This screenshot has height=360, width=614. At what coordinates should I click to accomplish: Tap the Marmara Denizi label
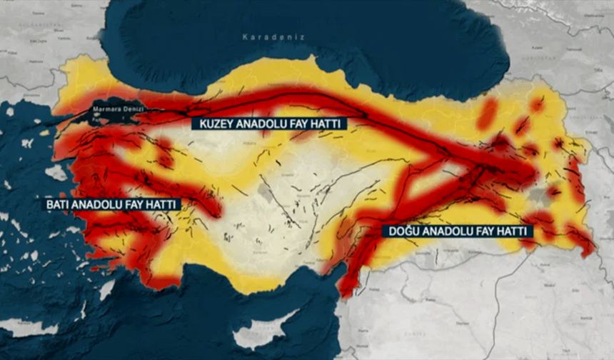point(117,109)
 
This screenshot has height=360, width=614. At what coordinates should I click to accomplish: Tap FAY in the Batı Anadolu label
point(142,204)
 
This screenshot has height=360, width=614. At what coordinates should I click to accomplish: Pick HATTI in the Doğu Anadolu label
point(516,231)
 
